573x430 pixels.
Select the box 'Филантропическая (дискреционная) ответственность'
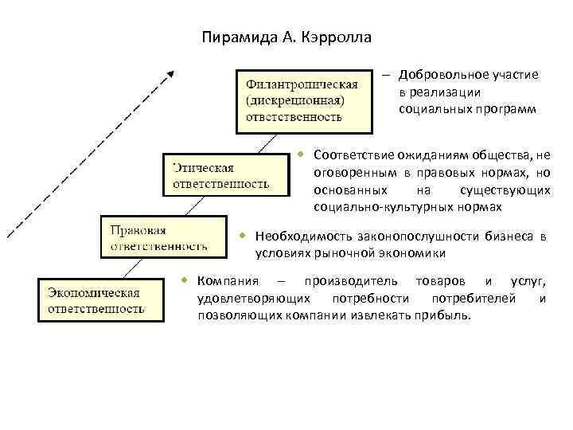[302, 100]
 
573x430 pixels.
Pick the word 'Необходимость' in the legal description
[295, 236]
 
